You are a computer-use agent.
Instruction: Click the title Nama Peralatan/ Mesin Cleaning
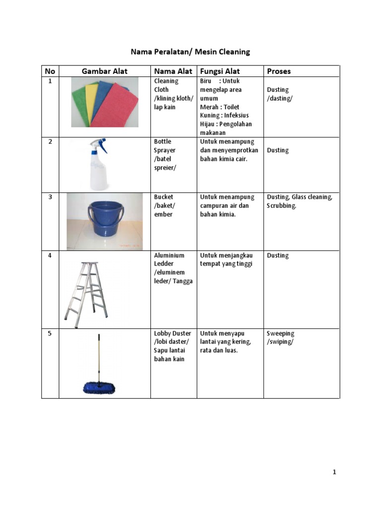[x=190, y=52]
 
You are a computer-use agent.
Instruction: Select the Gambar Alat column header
[x=104, y=71]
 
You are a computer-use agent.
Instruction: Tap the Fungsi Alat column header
[x=219, y=71]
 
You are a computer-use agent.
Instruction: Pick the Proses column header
[x=279, y=71]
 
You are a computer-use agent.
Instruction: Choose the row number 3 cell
[x=50, y=197]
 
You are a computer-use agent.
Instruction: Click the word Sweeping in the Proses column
[x=280, y=333]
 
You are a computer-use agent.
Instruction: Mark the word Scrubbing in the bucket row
[x=281, y=205]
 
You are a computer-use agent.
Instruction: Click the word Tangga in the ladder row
[x=183, y=281]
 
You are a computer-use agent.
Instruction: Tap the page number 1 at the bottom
[x=334, y=472]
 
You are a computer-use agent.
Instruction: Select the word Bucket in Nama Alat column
[x=164, y=197]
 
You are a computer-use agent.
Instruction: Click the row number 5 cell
[x=50, y=333]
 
